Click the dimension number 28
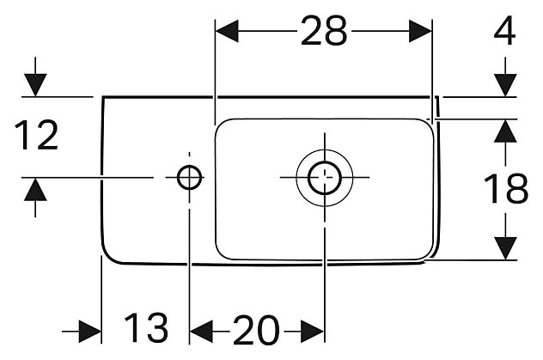click(x=324, y=32)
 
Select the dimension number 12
click(x=35, y=136)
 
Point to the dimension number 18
click(x=505, y=190)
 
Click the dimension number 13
click(x=145, y=328)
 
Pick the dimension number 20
click(x=256, y=328)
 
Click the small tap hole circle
click(x=189, y=178)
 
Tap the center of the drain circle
click(x=324, y=177)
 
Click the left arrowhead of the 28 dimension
click(x=226, y=32)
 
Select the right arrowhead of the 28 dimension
click(x=421, y=32)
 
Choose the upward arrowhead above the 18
click(x=505, y=131)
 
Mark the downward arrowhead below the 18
click(x=505, y=247)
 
